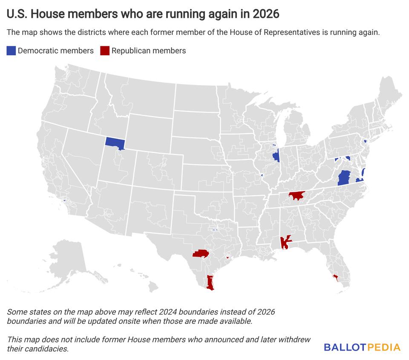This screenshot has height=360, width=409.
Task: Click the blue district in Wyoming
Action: (115, 143)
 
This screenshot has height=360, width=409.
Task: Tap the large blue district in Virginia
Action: (343, 178)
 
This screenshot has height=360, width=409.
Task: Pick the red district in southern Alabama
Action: (284, 243)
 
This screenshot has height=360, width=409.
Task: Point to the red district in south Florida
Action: (335, 277)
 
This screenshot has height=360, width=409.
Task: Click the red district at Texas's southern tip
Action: (210, 283)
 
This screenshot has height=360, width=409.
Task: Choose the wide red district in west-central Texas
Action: (201, 254)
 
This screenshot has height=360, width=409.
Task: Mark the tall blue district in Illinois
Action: (276, 156)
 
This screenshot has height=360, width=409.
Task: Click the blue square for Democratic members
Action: (11, 51)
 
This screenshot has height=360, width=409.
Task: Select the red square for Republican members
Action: (104, 51)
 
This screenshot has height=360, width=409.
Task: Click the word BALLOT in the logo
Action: (344, 347)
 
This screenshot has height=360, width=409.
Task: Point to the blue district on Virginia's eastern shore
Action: (363, 172)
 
